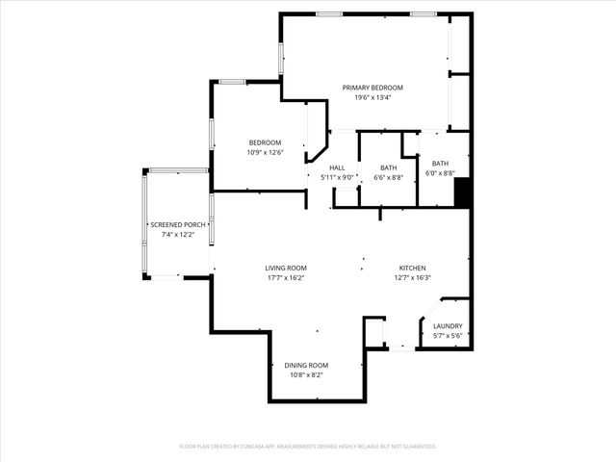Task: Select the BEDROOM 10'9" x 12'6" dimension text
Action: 265,152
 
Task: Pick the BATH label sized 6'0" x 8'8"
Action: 440,164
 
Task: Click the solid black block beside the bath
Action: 462,193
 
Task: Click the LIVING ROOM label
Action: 286,268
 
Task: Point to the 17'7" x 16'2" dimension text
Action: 286,278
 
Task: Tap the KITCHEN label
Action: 413,268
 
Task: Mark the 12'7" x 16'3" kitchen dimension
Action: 413,278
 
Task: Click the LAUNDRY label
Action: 449,326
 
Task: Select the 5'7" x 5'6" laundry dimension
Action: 449,336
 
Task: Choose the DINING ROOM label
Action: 306,365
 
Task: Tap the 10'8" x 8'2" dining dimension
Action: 306,375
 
